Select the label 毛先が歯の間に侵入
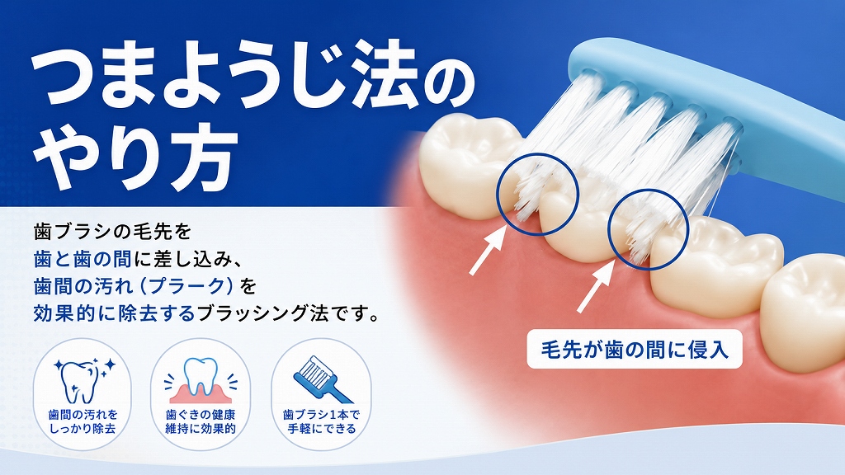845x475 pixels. coord(635,350)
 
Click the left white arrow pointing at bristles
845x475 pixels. coord(488,251)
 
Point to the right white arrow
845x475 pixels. coord(596,285)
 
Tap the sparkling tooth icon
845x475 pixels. coord(84,379)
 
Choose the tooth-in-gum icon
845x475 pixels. coord(201,379)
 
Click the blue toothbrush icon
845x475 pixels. coord(323,379)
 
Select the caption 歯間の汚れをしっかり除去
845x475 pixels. coord(83,421)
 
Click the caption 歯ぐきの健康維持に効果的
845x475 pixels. coord(201,421)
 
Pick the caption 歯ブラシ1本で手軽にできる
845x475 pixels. coord(321,421)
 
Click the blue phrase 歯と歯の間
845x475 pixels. coord(83,260)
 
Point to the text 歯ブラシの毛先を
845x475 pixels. coord(112,233)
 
